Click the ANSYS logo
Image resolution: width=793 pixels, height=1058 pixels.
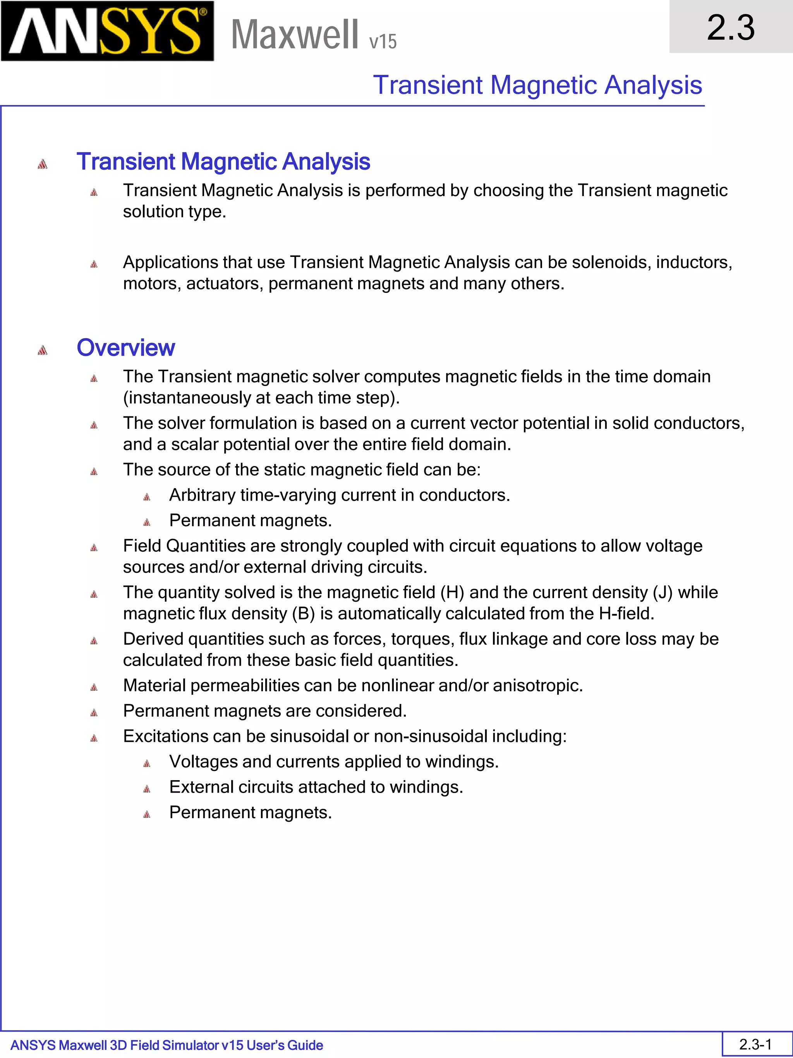coord(107,31)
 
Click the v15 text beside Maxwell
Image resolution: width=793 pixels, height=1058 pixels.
coord(383,41)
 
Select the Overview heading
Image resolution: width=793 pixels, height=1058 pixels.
coord(126,348)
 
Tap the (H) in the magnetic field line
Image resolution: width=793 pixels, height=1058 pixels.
coord(452,592)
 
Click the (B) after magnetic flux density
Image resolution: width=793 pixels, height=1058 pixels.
coord(303,613)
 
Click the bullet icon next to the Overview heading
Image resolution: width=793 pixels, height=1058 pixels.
coord(43,351)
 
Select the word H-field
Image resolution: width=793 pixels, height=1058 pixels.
coord(626,613)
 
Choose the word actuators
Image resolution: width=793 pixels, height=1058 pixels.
coord(224,284)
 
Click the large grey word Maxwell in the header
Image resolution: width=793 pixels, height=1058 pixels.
coord(294,34)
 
